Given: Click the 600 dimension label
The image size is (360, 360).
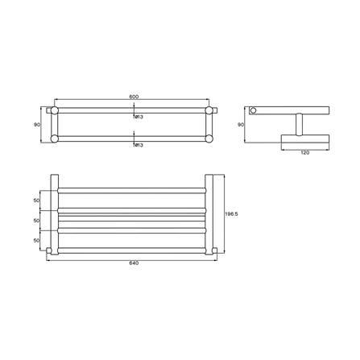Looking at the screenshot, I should click(134, 97).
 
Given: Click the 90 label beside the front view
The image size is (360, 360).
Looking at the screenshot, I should click(36, 124).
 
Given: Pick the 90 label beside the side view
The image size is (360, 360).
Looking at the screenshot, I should click(240, 124).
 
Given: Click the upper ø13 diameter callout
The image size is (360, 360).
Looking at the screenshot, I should click(138, 117).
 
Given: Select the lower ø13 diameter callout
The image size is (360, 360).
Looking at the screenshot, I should click(138, 145).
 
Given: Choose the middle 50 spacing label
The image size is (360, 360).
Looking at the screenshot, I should click(36, 219).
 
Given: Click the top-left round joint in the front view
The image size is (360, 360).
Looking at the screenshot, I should click(55, 110).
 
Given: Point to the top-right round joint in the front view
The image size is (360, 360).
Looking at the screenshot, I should click(211, 110).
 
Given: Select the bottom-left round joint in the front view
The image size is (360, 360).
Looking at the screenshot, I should click(55, 139).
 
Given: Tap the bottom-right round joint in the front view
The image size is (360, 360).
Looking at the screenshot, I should click(211, 139).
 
